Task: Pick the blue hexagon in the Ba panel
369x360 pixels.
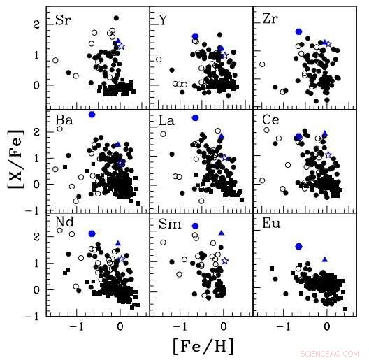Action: click(92, 114)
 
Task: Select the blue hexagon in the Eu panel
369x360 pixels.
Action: click(299, 247)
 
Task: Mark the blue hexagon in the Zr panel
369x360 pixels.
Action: click(299, 31)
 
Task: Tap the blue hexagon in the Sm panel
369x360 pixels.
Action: click(196, 226)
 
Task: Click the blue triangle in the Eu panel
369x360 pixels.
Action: click(324, 259)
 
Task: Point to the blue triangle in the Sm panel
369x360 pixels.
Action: click(222, 233)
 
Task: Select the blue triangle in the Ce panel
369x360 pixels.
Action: click(324, 134)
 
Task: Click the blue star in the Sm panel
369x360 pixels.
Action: click(224, 261)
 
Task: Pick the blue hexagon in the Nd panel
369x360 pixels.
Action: click(92, 233)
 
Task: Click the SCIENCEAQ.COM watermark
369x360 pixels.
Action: click(328, 354)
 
